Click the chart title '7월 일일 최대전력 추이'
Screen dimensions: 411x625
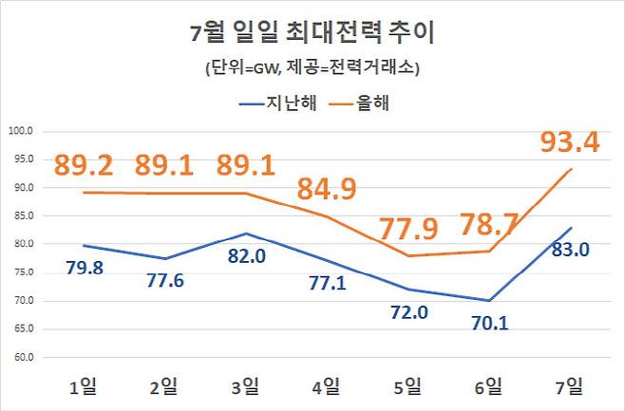[312, 35]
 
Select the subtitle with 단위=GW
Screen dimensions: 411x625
[312, 68]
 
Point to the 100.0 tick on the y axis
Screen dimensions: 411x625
[21, 131]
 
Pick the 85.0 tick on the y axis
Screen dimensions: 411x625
[21, 215]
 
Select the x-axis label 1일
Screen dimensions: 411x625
[82, 386]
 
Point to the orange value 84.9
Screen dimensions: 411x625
[326, 189]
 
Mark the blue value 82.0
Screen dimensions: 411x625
[245, 256]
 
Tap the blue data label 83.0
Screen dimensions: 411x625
[571, 251]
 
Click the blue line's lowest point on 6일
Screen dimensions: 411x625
[488, 301]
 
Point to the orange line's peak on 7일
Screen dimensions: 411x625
[570, 169]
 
